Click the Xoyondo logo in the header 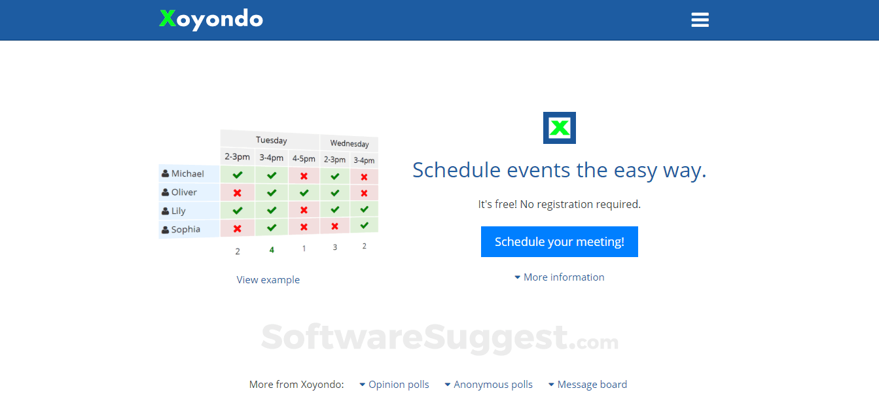[x=211, y=19]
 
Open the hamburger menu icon [x=700, y=20]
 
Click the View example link [x=268, y=280]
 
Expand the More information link [x=560, y=277]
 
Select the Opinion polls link [x=395, y=385]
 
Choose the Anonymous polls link [x=488, y=385]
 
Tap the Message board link [x=588, y=385]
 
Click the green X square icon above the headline [x=560, y=128]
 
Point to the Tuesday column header [x=272, y=140]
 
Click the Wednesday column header [x=350, y=144]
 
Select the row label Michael [x=188, y=173]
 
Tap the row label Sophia [x=186, y=230]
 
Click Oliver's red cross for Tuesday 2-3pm [x=237, y=193]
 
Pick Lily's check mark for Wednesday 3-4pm [x=364, y=209]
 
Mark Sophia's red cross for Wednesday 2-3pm [x=334, y=226]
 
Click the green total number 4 [x=272, y=250]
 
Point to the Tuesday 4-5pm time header [x=304, y=158]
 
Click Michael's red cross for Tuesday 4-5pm [x=304, y=176]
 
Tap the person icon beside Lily [x=166, y=211]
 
